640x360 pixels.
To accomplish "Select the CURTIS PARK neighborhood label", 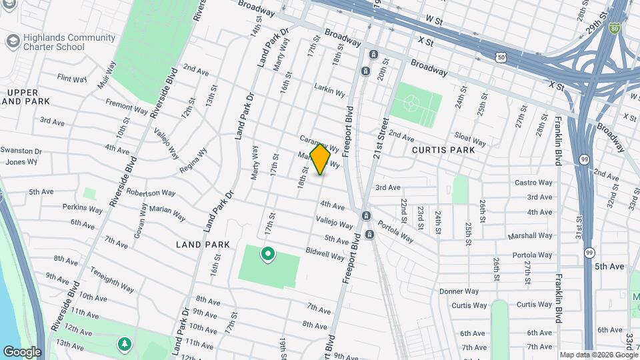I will pos(443,150).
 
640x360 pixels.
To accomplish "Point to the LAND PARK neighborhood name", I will pos(203,245).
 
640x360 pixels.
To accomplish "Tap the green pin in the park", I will pos(268,254).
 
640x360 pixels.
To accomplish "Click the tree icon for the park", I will pos(123,343).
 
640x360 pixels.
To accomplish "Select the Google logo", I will pos(22,352).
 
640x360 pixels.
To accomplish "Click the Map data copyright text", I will pos(598,355).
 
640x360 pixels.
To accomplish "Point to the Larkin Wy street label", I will pos(331,92).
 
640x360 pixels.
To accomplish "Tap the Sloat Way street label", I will pos(470,139).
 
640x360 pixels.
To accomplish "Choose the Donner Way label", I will pos(459,291).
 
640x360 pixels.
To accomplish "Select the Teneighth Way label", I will pos(113,281).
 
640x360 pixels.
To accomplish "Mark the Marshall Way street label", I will pos(530,235).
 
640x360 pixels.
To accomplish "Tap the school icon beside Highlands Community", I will pos(12,41).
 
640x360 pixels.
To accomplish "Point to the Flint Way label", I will pos(72,79).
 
